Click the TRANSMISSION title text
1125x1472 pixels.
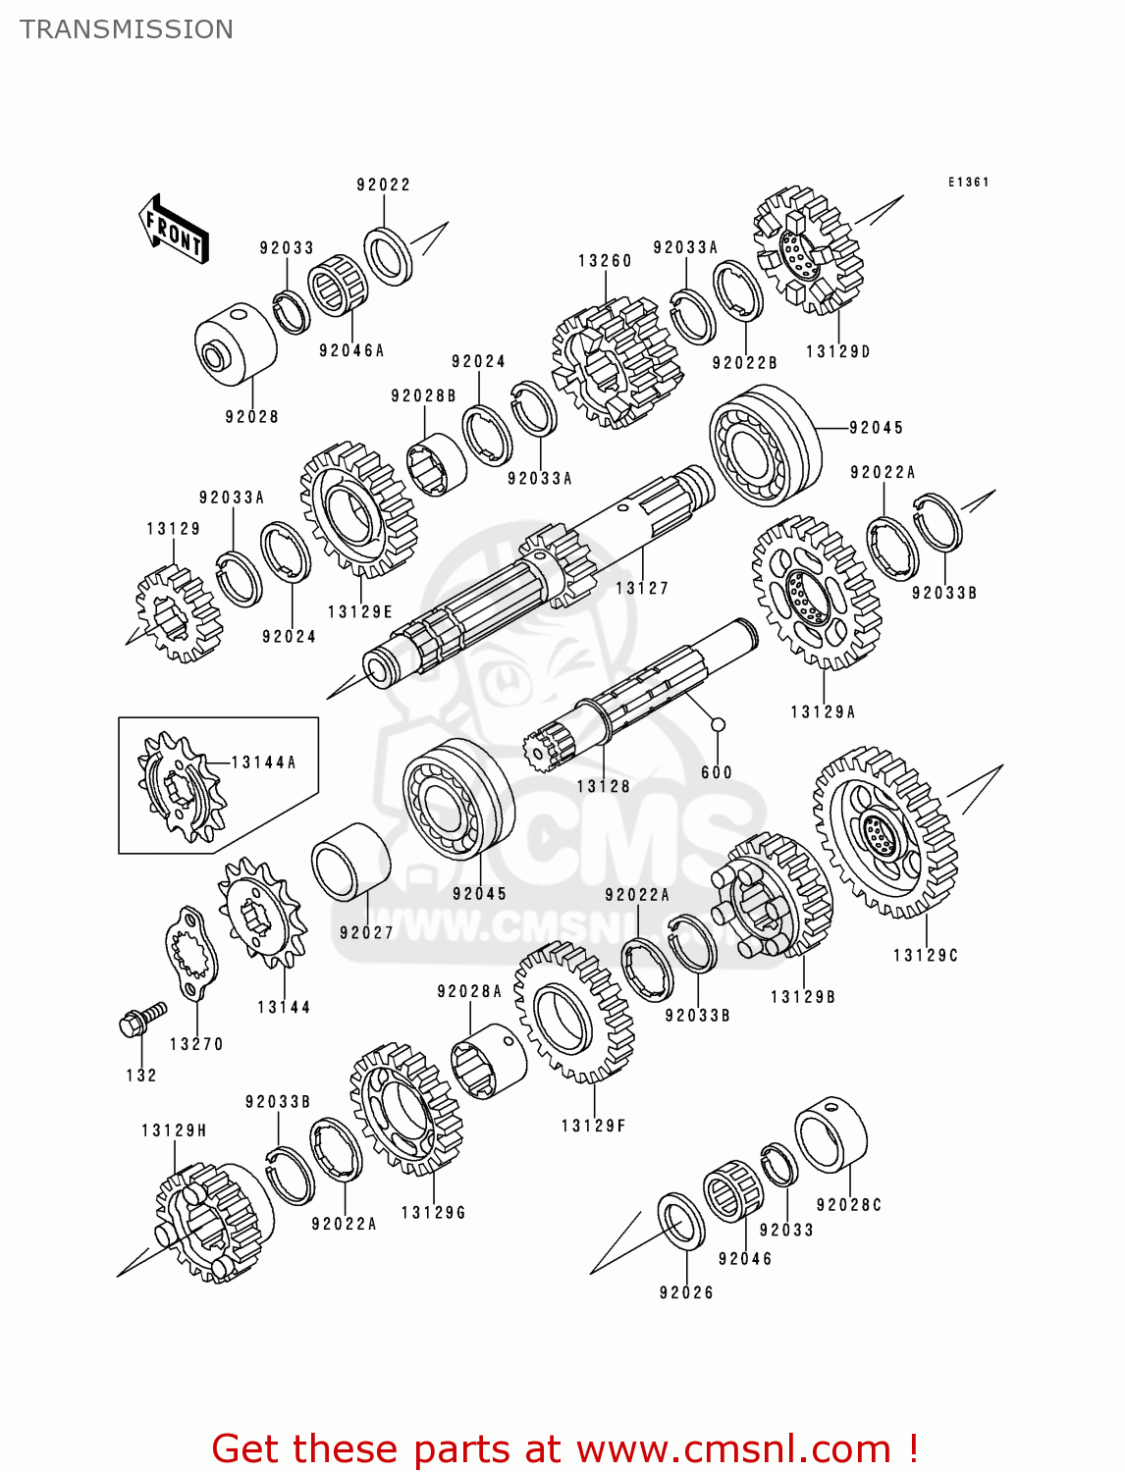click(x=127, y=29)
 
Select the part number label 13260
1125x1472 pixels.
click(x=605, y=261)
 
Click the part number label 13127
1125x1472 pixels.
click(x=642, y=589)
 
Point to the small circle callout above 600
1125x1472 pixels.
click(x=718, y=725)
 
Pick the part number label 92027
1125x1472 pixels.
click(x=366, y=933)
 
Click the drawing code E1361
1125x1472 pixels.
click(x=968, y=183)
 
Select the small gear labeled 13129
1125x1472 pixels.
click(x=178, y=614)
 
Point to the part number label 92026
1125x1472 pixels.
click(x=686, y=1293)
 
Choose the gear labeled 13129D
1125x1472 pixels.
click(x=808, y=251)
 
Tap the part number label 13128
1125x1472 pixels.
click(x=603, y=787)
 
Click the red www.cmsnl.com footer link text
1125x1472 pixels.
click(x=732, y=1448)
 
